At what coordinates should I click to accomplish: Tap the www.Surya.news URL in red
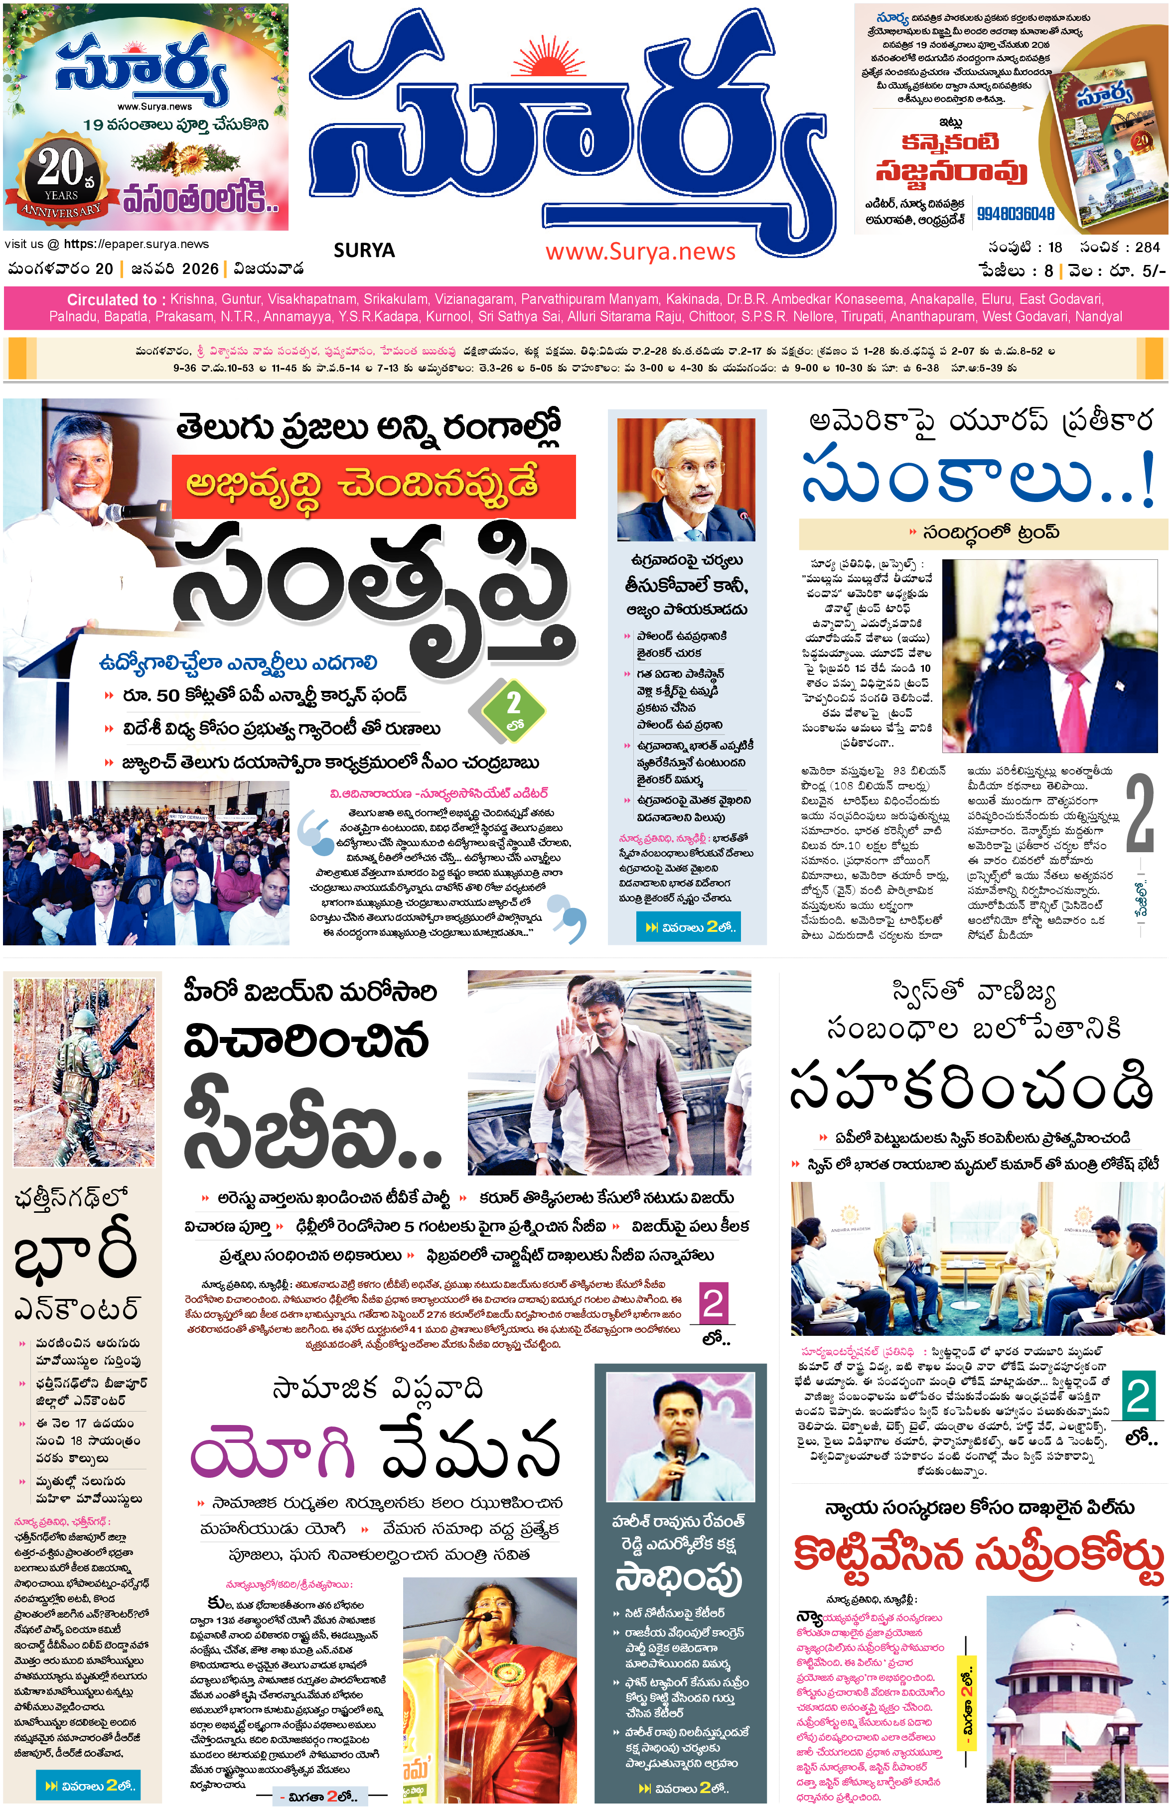(640, 252)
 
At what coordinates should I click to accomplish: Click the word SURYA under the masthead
(364, 250)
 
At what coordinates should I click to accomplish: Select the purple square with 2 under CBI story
(713, 1303)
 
